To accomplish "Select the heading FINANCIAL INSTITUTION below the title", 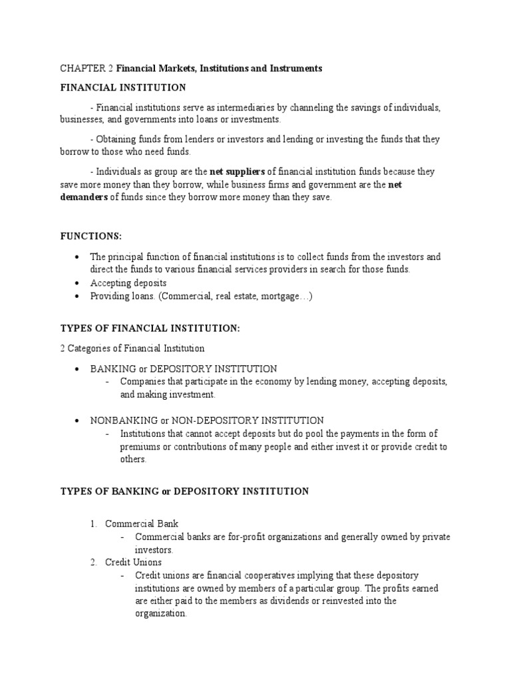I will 123,88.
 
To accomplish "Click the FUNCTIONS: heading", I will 88,235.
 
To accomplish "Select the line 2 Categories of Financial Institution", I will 132,348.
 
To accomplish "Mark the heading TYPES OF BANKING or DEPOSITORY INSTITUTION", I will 184,491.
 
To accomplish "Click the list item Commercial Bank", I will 142,524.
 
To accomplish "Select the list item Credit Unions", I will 133,563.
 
